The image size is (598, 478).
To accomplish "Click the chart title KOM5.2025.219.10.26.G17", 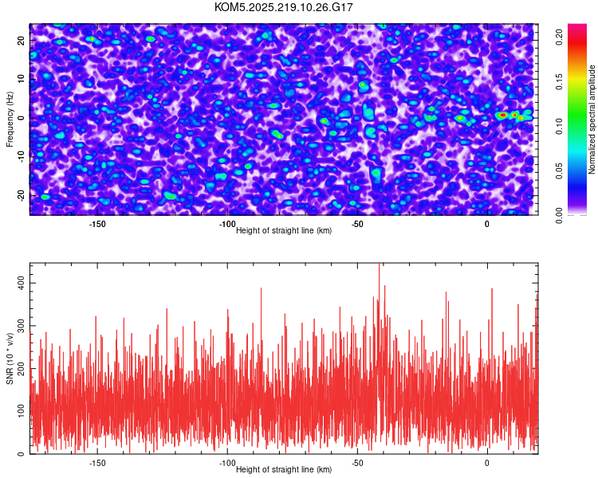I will [x=284, y=7].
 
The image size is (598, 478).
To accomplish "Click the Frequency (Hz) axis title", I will [x=10, y=119].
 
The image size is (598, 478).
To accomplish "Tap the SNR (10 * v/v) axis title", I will [x=10, y=358].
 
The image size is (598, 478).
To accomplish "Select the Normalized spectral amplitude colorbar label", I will [x=592, y=119].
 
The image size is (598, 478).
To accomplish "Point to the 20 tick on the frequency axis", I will [x=20, y=40].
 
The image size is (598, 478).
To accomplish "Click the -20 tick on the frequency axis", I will [x=20, y=194].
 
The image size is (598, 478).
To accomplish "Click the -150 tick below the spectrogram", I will [x=97, y=225].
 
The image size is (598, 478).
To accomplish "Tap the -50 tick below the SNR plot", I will [x=357, y=463].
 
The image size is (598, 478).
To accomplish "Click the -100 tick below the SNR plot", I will [x=227, y=463].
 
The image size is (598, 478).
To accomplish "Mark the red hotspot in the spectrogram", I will [x=502, y=116].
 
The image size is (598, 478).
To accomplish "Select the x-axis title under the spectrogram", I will [x=284, y=231].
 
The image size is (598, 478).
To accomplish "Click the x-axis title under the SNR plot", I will [x=284, y=470].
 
